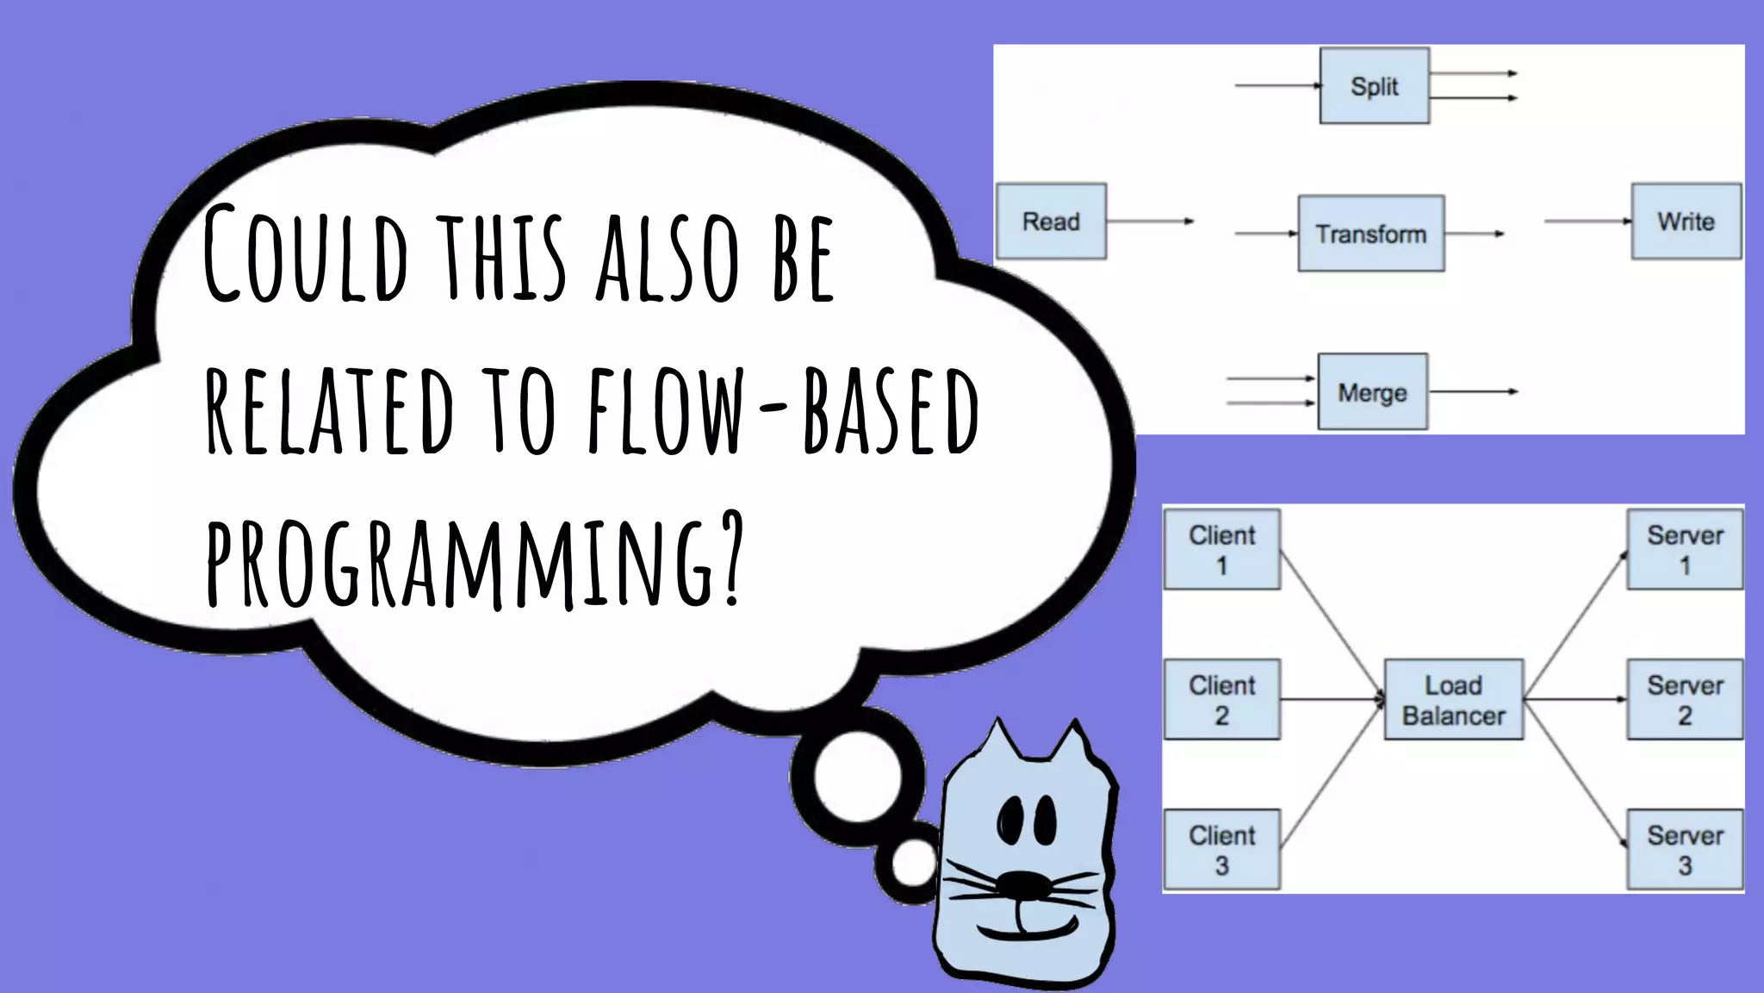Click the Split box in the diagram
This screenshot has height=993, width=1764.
(1374, 86)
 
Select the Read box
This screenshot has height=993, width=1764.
(1051, 222)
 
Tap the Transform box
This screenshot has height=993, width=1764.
(1370, 234)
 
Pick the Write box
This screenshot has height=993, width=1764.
(1686, 222)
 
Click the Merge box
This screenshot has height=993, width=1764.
(1372, 392)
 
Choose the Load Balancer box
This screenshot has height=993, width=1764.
(1453, 700)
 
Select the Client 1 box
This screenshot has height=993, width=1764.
(1221, 550)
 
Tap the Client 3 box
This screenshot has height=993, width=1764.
(1221, 850)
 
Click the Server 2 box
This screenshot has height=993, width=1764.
(1684, 700)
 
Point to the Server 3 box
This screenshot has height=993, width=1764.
(1684, 850)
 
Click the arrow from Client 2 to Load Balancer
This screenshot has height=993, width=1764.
(1331, 700)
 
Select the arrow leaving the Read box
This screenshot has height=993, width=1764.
(1150, 222)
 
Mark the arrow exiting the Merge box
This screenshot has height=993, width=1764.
(1473, 392)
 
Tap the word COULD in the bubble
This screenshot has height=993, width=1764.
(306, 254)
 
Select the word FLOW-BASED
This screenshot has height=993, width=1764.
(784, 409)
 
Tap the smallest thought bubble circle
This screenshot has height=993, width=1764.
(913, 864)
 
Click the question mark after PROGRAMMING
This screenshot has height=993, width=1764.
(730, 556)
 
